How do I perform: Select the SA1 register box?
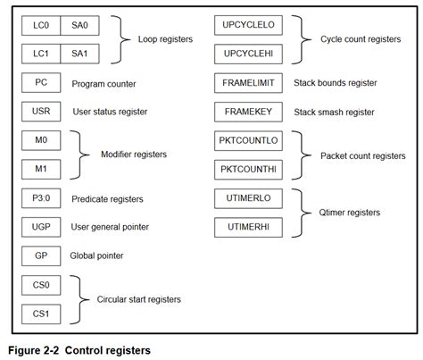tap(79, 55)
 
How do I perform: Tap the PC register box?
tap(41, 84)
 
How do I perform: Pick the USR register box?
tap(41, 113)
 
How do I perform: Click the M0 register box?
tap(41, 141)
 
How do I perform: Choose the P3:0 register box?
tap(41, 198)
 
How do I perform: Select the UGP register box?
tap(41, 227)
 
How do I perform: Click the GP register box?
tap(41, 255)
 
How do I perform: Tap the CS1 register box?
tap(41, 314)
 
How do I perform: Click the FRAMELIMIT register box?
tap(249, 84)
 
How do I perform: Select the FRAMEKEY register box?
tap(249, 113)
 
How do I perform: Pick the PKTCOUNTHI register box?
tap(249, 170)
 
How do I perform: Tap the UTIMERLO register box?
tap(249, 198)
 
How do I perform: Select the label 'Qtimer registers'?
tap(350, 213)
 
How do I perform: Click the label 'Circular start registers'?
tap(139, 299)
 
